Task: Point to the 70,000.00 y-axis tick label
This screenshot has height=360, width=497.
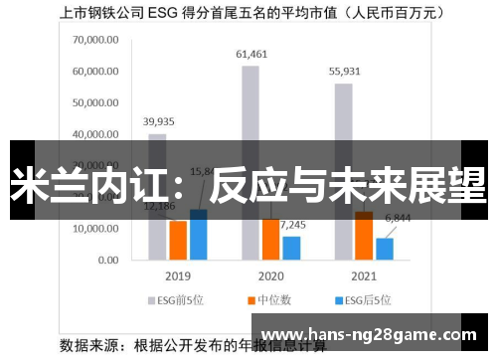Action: (95, 41)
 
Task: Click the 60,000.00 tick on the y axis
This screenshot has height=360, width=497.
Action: (95, 72)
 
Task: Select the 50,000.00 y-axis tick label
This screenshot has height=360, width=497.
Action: (95, 103)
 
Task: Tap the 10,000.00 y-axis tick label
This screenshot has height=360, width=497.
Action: (95, 229)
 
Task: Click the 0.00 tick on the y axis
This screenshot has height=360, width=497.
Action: (107, 260)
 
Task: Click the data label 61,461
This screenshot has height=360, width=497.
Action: (250, 54)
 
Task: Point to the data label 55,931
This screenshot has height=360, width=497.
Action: (344, 72)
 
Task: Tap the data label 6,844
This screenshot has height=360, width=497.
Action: (398, 218)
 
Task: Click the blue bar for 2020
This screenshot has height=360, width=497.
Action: (291, 247)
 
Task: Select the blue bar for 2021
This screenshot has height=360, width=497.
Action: (385, 248)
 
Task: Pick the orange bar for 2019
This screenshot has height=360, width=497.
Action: (178, 239)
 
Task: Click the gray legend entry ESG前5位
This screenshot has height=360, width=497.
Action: (176, 299)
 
